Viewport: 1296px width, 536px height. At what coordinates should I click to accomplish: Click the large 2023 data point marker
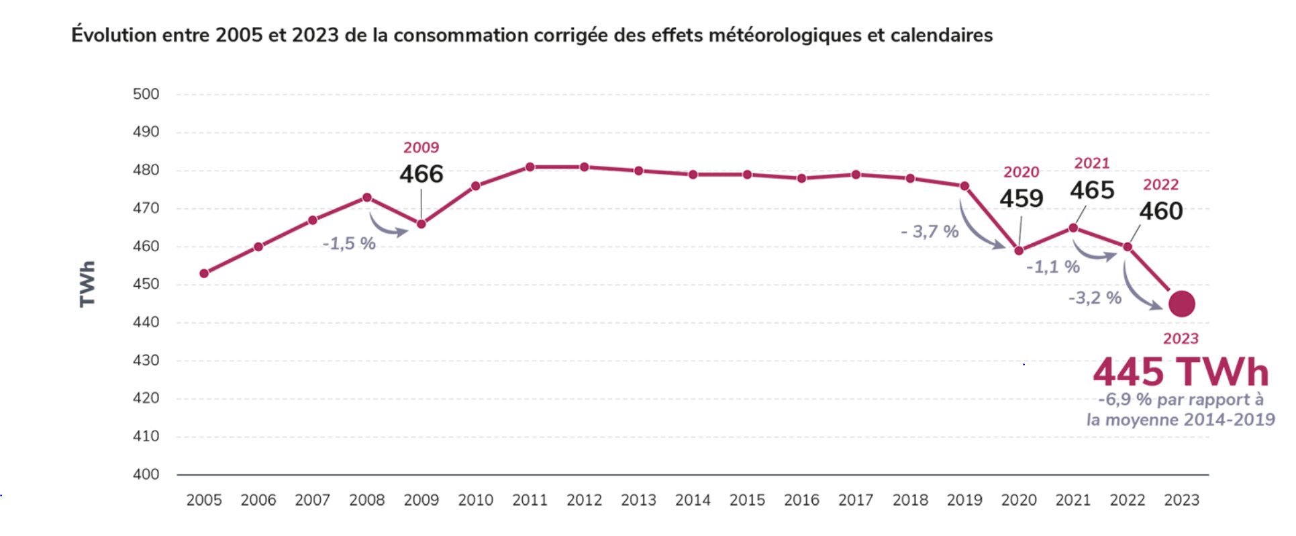(1181, 304)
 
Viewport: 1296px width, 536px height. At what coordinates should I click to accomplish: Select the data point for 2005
(204, 273)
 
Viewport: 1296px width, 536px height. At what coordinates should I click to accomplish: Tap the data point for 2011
(530, 167)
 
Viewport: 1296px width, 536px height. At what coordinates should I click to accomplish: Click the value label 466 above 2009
(421, 174)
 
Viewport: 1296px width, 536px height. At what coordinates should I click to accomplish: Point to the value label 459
(1021, 198)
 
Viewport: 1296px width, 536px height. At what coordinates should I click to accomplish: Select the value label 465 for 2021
(1092, 190)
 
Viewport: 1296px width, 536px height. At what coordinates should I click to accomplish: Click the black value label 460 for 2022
(1160, 211)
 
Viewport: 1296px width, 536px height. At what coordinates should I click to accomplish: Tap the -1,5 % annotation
(349, 243)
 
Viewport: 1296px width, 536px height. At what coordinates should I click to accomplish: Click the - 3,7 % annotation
(930, 232)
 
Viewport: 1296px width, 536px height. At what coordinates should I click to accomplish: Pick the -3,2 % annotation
(1095, 298)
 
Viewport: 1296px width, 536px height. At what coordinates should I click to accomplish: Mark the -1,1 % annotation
(1052, 267)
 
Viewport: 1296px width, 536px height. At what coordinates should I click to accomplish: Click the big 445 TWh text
(1181, 371)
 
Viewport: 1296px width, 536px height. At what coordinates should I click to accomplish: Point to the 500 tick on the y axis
(146, 94)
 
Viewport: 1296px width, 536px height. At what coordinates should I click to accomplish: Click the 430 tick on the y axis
(146, 360)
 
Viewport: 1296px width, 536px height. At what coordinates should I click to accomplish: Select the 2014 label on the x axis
(693, 500)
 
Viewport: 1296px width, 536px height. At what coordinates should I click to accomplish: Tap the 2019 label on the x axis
(964, 500)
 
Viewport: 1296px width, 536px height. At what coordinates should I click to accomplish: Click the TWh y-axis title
(87, 283)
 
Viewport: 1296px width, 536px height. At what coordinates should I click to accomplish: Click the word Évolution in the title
(113, 35)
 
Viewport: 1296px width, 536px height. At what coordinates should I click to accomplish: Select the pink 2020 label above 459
(1021, 172)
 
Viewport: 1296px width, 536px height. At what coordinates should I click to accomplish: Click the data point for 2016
(801, 178)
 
